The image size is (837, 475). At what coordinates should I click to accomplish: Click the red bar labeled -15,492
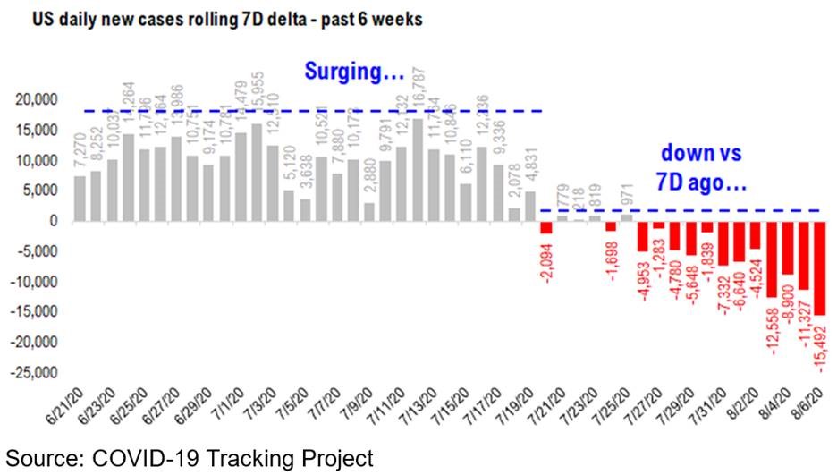819,267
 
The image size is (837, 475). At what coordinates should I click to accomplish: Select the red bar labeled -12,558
771,259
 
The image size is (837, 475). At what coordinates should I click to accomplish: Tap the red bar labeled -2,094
545,226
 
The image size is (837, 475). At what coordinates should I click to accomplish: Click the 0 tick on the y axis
54,221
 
